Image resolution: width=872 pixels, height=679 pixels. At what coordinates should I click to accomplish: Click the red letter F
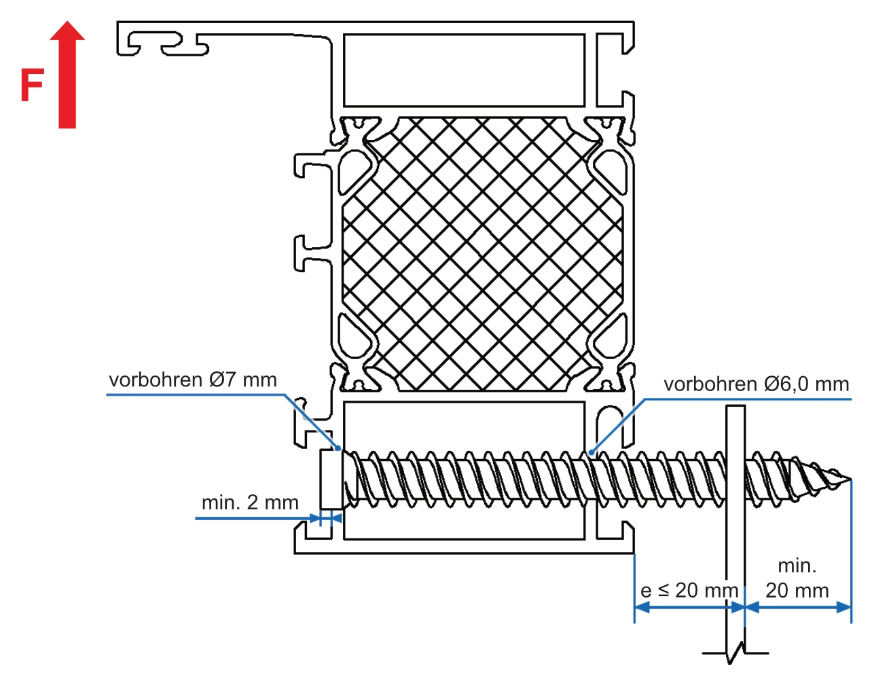[31, 85]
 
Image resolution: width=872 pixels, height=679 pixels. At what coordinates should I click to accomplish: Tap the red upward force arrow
[67, 75]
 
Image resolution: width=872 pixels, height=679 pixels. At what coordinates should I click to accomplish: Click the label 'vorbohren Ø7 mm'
[193, 380]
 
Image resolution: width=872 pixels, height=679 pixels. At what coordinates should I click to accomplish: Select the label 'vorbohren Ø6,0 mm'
[756, 384]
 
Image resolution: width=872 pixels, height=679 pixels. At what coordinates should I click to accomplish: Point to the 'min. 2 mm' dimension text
[250, 502]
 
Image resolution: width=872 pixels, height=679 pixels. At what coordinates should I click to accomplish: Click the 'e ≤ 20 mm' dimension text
[689, 590]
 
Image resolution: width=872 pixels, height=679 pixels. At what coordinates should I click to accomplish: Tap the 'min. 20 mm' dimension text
[797, 578]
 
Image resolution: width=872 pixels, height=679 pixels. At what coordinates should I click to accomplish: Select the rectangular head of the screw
[331, 479]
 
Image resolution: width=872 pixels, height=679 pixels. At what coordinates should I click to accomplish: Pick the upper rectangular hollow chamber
[464, 71]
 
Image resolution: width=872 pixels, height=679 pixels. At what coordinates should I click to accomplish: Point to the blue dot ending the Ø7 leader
[338, 448]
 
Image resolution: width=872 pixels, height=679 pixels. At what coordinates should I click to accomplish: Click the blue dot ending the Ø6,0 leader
[592, 452]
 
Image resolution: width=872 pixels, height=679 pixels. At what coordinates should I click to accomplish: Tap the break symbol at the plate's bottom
[736, 654]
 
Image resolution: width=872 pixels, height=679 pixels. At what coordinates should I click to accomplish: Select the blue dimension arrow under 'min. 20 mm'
[798, 607]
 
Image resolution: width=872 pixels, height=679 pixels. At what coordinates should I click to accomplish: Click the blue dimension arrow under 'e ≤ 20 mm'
[689, 607]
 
